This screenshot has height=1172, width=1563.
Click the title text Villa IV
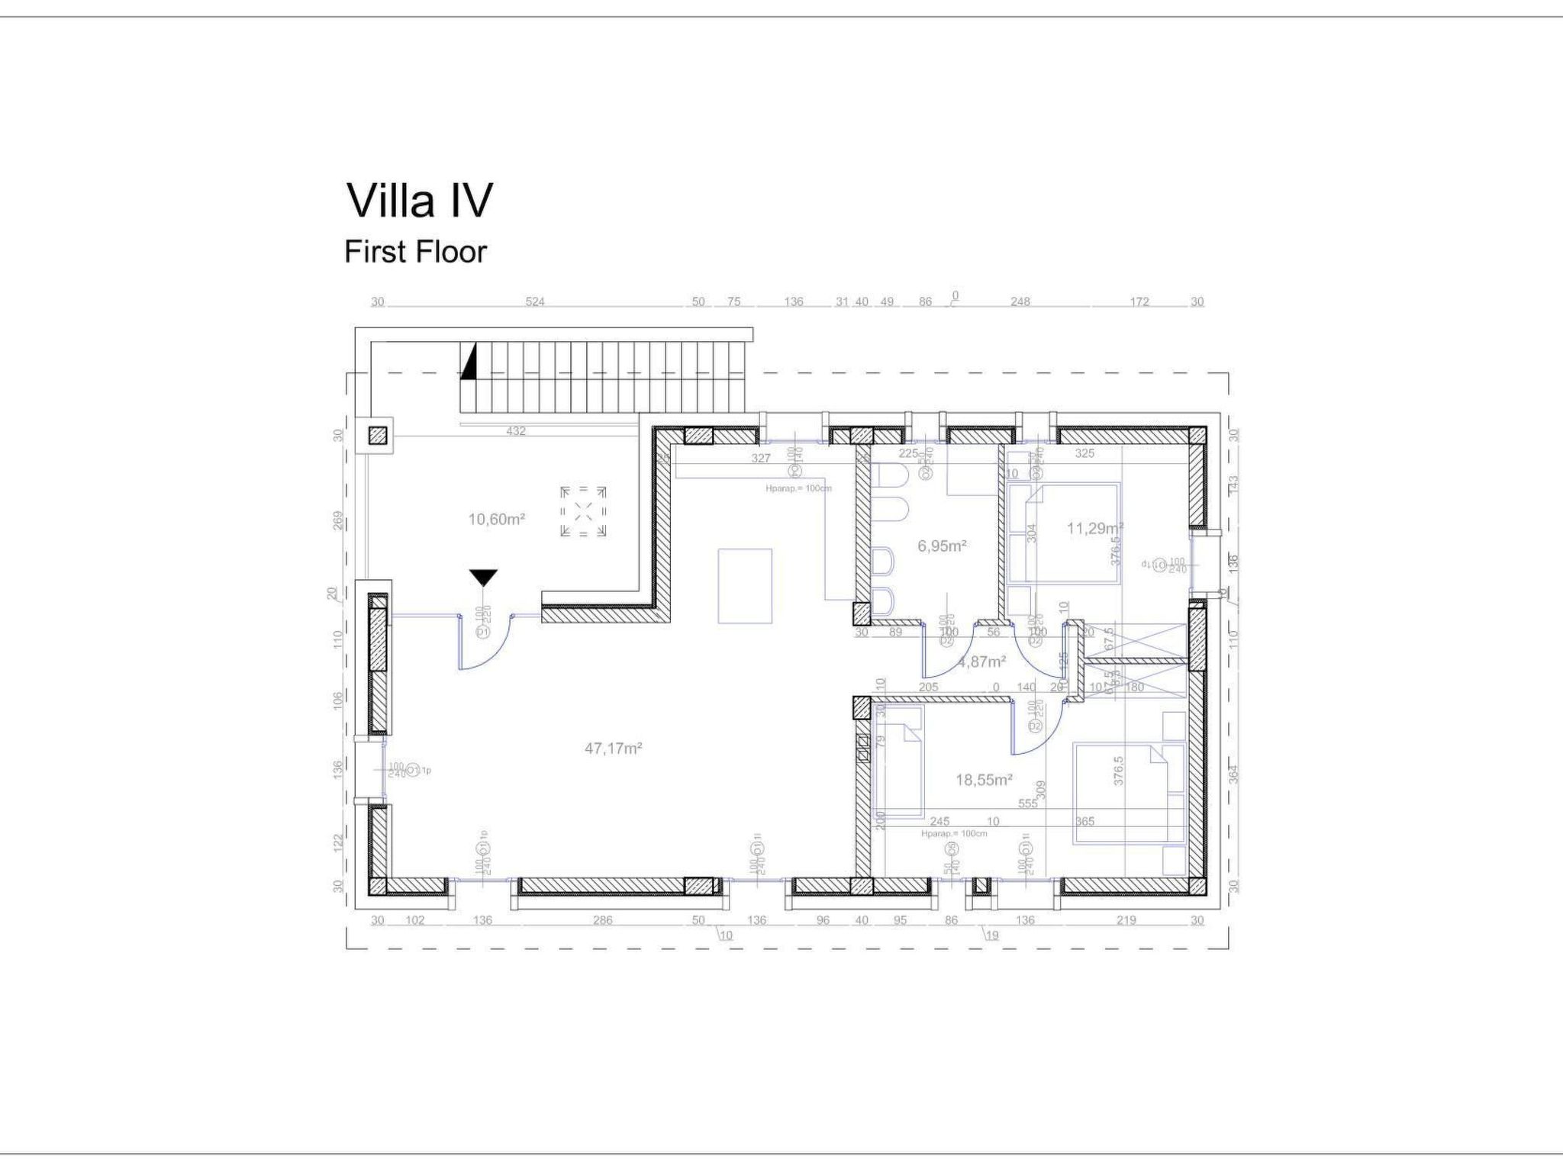coord(420,201)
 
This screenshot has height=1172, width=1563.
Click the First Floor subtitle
coord(415,252)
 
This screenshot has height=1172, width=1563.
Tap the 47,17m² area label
coord(613,749)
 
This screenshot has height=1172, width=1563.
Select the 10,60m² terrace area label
coord(496,520)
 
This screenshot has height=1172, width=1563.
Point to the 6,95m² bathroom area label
coord(942,546)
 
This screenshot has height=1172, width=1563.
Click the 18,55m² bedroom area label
coord(984,780)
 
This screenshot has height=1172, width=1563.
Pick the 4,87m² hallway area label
coord(981,662)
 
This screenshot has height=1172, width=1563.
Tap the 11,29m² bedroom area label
coord(1094,528)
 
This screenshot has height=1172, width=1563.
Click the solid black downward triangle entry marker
coord(483,578)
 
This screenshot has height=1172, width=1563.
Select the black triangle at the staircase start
coord(469,362)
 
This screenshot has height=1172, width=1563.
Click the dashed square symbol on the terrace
coord(583,511)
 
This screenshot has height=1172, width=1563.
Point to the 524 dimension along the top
coord(535,302)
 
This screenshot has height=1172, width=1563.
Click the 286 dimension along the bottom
coord(602,920)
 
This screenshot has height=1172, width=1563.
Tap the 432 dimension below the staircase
coord(516,431)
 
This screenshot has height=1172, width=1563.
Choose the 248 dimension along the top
coord(1020,302)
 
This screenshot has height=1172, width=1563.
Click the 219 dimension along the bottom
coord(1126,920)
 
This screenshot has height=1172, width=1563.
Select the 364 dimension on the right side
coord(1234,774)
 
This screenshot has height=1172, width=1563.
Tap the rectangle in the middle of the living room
coord(745,586)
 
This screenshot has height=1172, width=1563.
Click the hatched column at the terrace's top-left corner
coord(378,436)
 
